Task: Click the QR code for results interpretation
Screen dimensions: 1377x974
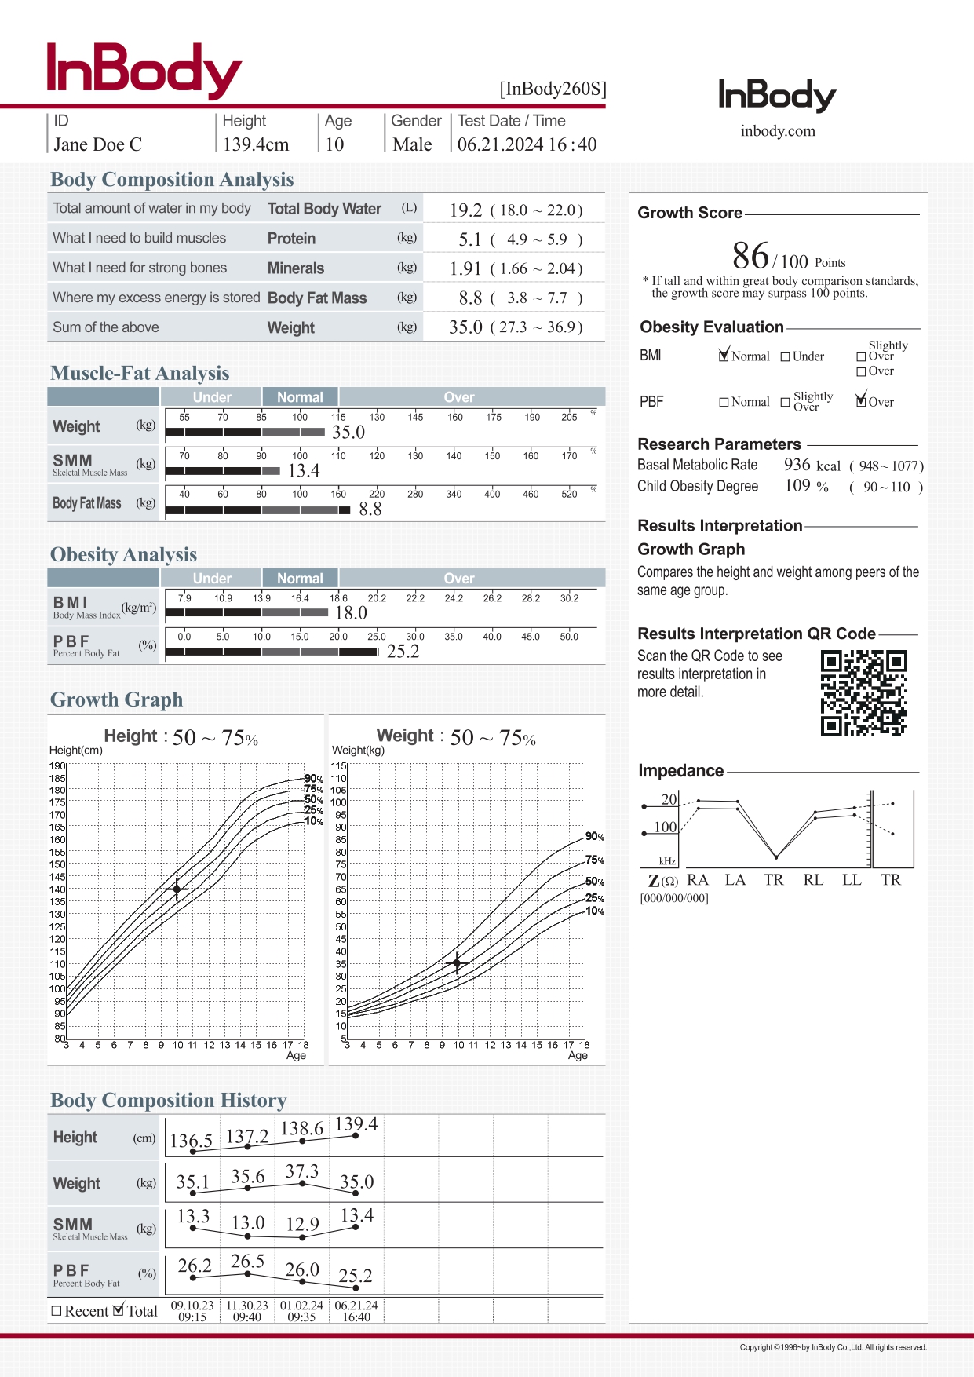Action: click(863, 692)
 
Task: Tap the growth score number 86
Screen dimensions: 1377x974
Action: click(750, 257)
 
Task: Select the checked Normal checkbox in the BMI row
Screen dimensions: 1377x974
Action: click(724, 356)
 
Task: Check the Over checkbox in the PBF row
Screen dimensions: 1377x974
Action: click(861, 402)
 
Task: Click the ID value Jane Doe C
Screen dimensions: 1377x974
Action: click(98, 145)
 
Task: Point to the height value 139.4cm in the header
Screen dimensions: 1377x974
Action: click(256, 145)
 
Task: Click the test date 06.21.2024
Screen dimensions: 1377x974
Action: click(500, 145)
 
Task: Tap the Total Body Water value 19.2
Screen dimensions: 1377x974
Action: click(465, 210)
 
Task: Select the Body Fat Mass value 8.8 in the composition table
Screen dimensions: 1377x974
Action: click(470, 298)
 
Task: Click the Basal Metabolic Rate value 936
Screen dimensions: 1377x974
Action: click(797, 465)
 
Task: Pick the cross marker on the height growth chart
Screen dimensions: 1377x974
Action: click(177, 889)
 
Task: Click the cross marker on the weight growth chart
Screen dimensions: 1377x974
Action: click(457, 962)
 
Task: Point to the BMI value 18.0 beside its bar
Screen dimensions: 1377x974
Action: click(351, 613)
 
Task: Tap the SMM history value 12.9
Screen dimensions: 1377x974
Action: click(302, 1225)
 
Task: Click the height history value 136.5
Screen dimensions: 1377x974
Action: click(192, 1141)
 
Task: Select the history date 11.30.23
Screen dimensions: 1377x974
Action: click(247, 1306)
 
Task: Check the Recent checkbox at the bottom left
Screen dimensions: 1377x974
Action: click(57, 1311)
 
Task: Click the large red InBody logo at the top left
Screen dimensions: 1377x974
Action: click(144, 71)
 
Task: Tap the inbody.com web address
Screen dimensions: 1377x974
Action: click(778, 131)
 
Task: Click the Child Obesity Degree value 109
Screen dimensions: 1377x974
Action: click(797, 486)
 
